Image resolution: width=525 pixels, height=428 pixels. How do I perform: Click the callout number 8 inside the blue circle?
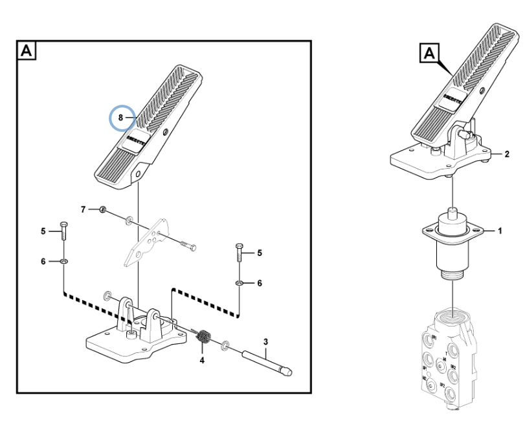tap(120, 118)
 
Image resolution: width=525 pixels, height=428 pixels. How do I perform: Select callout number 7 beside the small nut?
tap(83, 209)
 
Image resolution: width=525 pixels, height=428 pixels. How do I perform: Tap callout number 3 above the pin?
tap(265, 341)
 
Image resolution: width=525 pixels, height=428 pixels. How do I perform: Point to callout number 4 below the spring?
tap(202, 359)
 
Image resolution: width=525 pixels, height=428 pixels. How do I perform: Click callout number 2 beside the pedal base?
tap(506, 154)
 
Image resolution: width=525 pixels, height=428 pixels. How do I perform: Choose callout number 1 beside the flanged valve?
tap(500, 230)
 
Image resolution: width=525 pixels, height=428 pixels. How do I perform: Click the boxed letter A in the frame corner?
tap(27, 50)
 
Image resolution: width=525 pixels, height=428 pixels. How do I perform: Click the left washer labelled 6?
tap(64, 261)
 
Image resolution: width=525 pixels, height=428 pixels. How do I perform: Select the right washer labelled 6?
tap(239, 283)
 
